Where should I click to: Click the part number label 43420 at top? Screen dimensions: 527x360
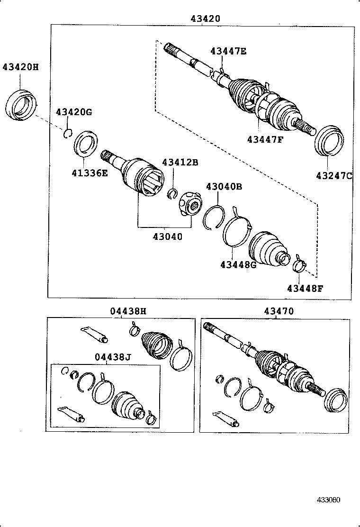(205, 19)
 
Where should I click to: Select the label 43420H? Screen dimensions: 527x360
(20, 67)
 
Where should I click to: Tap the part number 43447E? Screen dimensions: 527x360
(228, 51)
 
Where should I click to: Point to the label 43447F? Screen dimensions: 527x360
(265, 139)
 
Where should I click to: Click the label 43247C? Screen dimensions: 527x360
(334, 176)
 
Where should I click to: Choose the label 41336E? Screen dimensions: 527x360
(90, 173)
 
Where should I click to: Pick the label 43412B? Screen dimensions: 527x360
(180, 162)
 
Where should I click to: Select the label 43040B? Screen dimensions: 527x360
(224, 186)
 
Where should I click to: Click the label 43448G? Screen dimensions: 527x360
(238, 264)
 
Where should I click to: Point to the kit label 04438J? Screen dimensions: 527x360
(113, 357)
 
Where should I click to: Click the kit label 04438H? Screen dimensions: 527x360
(128, 311)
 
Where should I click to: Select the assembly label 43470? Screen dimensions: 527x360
(279, 311)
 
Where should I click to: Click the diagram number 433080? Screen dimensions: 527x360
(329, 500)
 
